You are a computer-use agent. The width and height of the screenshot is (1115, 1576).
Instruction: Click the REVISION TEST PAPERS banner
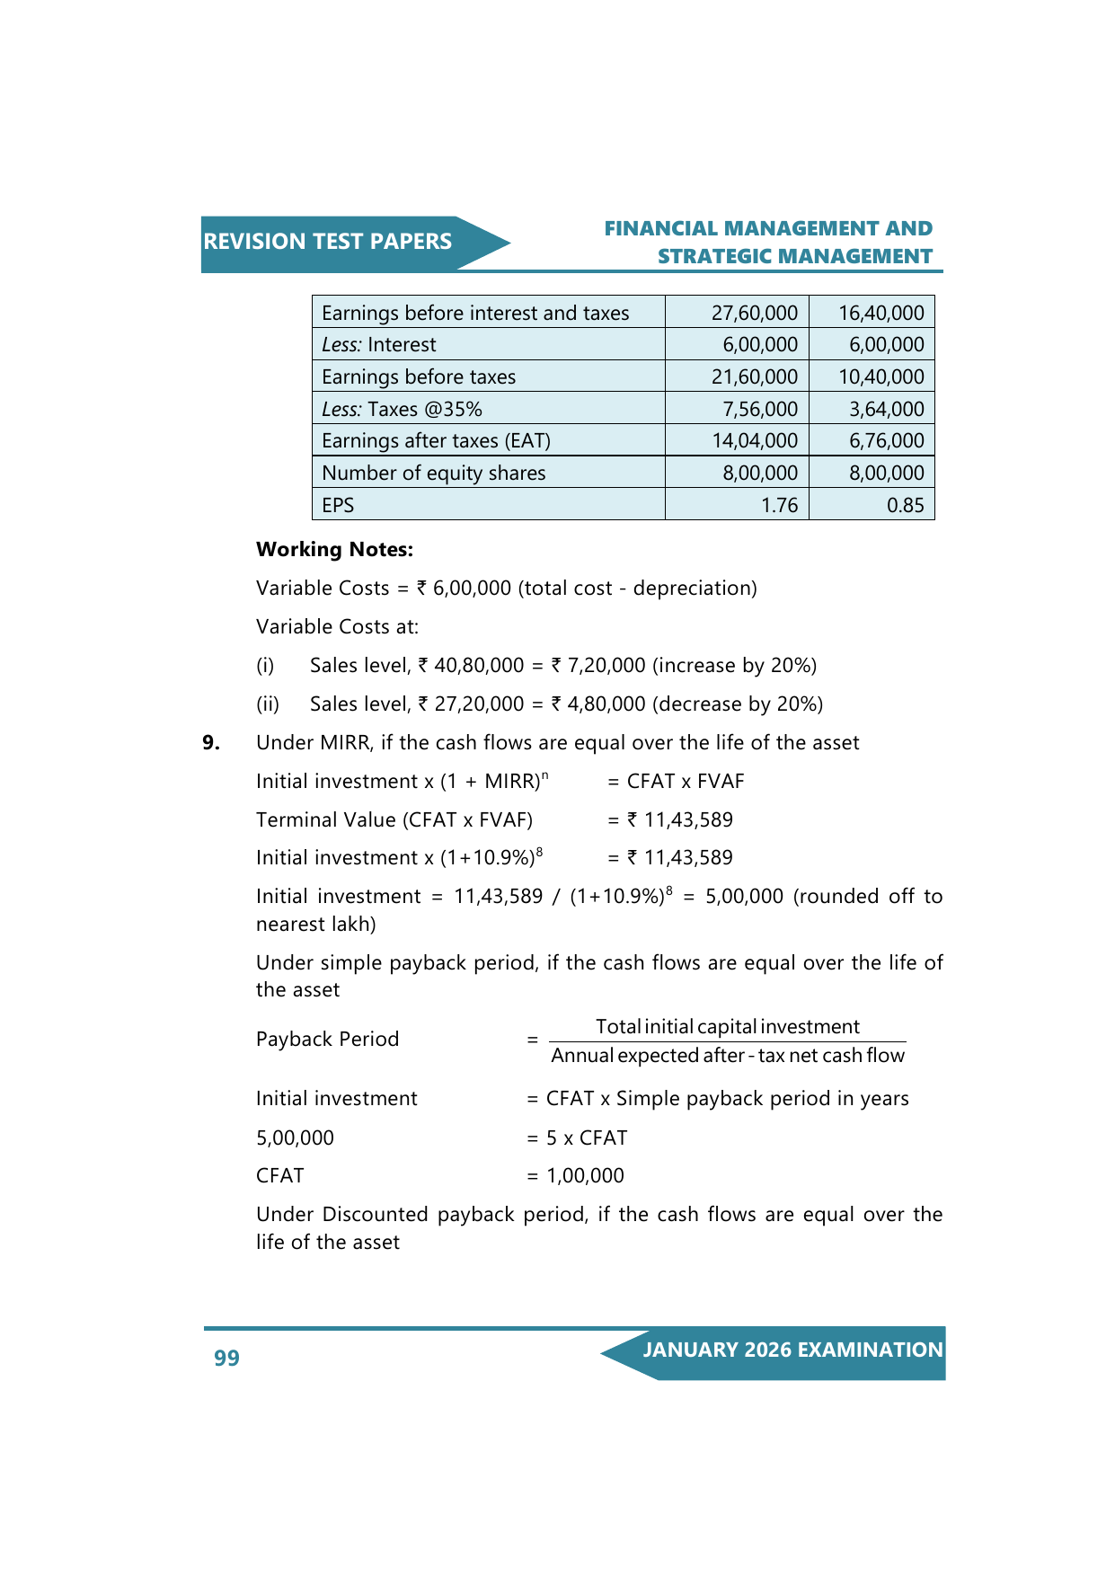coord(328,242)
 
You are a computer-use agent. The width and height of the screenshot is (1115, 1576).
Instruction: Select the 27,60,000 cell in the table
coord(754,313)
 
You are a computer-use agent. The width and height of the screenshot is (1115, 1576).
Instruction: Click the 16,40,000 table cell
coord(880,313)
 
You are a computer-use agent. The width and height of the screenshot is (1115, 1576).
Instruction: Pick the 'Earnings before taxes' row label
coord(419,376)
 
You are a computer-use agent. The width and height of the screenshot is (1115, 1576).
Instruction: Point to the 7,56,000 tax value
coord(759,409)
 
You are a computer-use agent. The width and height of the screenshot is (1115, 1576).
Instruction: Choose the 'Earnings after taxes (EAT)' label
coord(436,440)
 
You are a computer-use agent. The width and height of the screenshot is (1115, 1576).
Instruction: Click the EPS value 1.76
coord(779,505)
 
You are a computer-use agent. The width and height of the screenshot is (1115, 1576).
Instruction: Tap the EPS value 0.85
coord(905,505)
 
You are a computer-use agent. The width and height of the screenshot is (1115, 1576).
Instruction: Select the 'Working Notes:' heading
coord(334,549)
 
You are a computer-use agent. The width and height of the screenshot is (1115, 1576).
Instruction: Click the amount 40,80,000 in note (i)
coord(478,666)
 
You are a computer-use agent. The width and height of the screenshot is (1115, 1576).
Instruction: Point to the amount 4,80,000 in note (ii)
coord(599,704)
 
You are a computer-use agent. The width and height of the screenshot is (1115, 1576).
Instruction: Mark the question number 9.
coord(211,743)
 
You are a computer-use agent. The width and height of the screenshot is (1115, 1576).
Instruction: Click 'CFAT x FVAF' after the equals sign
coord(686,782)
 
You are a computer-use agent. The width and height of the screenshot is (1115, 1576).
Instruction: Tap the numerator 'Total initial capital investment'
coord(727,1027)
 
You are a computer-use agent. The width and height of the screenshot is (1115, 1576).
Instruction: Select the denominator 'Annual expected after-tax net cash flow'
coord(727,1056)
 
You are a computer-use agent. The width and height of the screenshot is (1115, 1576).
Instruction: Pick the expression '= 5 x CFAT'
coord(577,1138)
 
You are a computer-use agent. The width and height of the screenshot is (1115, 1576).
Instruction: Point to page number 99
coord(226,1358)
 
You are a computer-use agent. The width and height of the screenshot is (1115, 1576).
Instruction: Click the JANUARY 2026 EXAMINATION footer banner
coord(792,1350)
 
